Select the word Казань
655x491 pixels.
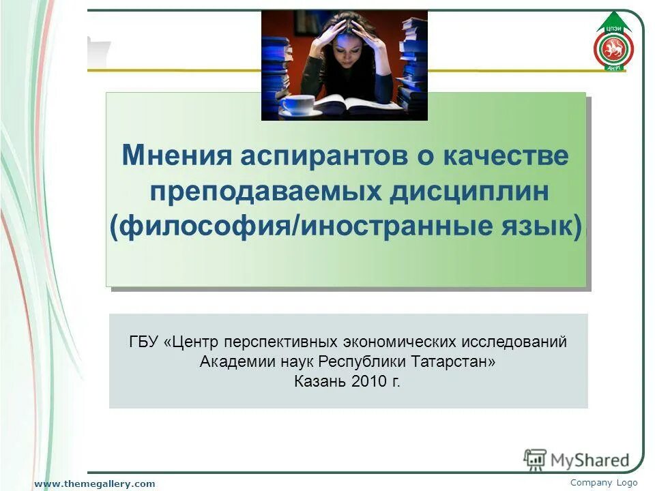pyautogui.click(x=319, y=381)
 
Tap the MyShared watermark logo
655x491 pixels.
pyautogui.click(x=577, y=460)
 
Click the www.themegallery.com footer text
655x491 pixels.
pyautogui.click(x=96, y=483)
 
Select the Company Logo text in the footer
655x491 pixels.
pyautogui.click(x=603, y=483)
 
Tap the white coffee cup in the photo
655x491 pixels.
pyautogui.click(x=298, y=104)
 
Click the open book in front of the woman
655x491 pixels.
pyautogui.click(x=351, y=105)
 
